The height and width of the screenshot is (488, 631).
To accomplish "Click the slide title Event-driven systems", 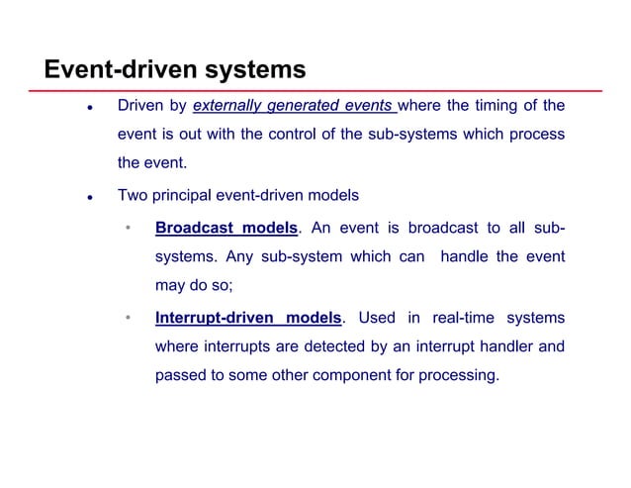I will pos(174,71).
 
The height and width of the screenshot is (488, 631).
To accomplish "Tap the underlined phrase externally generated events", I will pos(294,106).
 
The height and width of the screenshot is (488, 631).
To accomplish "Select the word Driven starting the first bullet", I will pos(140,106).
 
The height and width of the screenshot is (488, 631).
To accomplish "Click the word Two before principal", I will pos(134,196).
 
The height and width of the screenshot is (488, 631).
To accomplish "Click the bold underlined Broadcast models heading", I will pos(226,230).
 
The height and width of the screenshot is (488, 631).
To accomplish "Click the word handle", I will pos(464,257).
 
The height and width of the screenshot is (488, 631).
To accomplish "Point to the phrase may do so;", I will pos(192,285).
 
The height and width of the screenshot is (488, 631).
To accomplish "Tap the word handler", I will pos(503,347).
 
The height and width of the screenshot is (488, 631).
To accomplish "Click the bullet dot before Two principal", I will pos(89,198).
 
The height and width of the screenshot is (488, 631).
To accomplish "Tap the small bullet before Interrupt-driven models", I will pos(128,320).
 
